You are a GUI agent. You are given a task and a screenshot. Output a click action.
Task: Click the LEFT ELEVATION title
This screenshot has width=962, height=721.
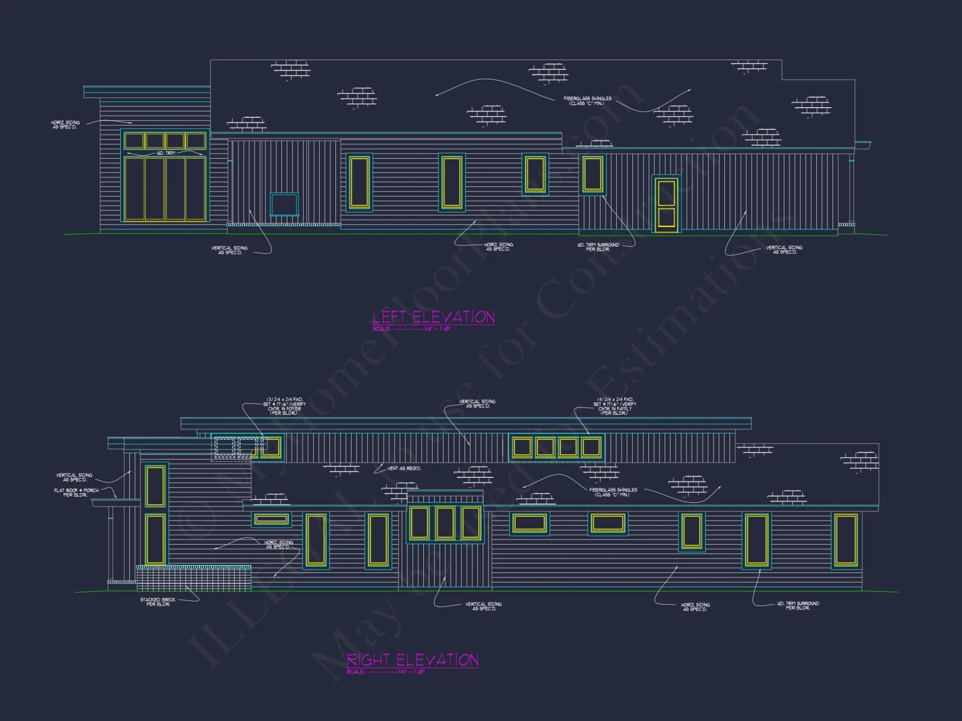(x=433, y=317)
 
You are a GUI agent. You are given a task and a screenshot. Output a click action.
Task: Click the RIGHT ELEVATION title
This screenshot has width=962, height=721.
(x=413, y=660)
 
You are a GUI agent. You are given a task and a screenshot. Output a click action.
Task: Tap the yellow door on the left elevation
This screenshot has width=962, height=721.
(x=666, y=203)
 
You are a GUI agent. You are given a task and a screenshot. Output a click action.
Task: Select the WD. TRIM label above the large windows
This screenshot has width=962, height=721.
(x=166, y=153)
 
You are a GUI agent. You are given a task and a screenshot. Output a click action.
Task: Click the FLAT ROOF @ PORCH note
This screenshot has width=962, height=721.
(x=76, y=493)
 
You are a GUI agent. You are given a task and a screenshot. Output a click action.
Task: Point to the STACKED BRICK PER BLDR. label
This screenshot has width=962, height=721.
(x=158, y=602)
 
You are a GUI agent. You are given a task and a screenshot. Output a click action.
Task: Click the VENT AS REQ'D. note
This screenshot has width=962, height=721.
(x=404, y=468)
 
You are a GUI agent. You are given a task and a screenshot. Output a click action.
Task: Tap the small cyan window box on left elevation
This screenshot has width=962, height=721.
(x=284, y=204)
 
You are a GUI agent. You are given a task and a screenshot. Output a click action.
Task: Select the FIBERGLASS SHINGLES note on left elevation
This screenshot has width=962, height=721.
(x=587, y=100)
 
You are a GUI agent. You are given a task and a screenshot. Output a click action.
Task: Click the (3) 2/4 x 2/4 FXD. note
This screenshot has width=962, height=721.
(x=284, y=406)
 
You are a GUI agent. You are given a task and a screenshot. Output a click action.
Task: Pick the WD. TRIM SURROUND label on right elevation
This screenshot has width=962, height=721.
(x=797, y=606)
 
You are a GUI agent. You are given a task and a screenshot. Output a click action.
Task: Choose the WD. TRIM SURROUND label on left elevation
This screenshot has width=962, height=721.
(x=598, y=247)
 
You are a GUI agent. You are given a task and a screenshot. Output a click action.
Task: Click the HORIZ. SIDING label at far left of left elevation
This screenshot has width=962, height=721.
(x=65, y=124)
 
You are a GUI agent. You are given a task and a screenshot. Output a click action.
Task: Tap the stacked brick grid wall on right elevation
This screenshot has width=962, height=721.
(x=193, y=578)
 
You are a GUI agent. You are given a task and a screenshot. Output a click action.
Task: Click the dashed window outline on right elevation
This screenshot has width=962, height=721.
(x=235, y=447)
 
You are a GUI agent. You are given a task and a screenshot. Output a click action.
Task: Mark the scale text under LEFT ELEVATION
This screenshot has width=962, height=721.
(x=411, y=329)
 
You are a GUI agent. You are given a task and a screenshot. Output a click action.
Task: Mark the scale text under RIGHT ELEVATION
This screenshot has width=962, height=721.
(x=385, y=672)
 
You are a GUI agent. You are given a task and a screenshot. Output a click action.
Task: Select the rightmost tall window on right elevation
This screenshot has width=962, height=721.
(x=846, y=539)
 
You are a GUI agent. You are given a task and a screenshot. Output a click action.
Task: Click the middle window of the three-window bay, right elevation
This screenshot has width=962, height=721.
(x=445, y=522)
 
